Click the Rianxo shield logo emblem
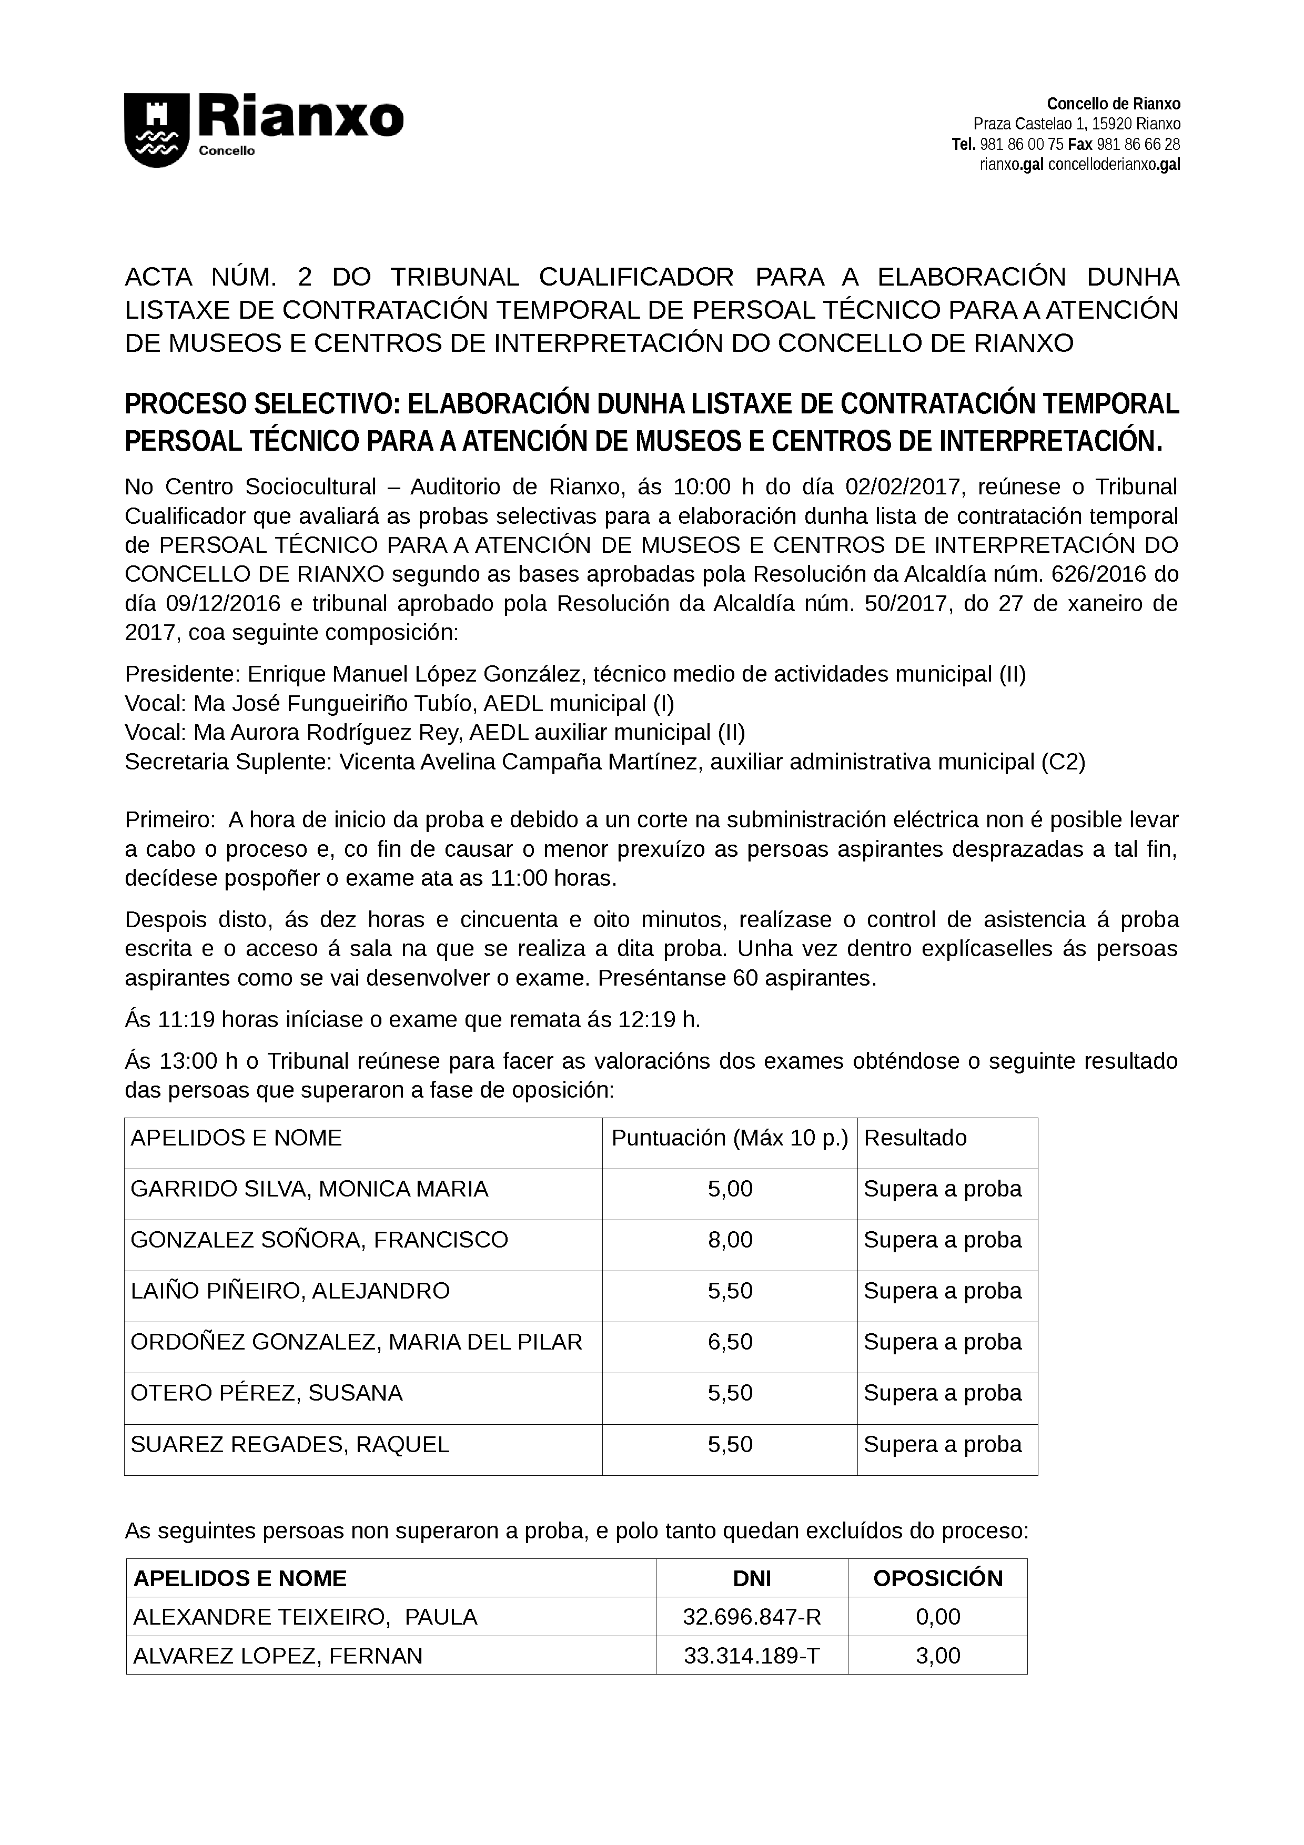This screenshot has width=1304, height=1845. (157, 130)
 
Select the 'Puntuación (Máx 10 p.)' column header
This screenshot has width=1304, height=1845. (730, 1138)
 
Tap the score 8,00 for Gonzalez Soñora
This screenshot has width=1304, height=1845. (730, 1240)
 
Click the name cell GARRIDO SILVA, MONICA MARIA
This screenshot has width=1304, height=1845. (309, 1189)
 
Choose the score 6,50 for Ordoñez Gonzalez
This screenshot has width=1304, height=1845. (730, 1342)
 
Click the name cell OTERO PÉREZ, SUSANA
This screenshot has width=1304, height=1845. (266, 1393)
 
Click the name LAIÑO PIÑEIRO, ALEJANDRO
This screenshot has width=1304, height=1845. (290, 1291)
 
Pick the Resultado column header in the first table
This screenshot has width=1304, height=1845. (915, 1138)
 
